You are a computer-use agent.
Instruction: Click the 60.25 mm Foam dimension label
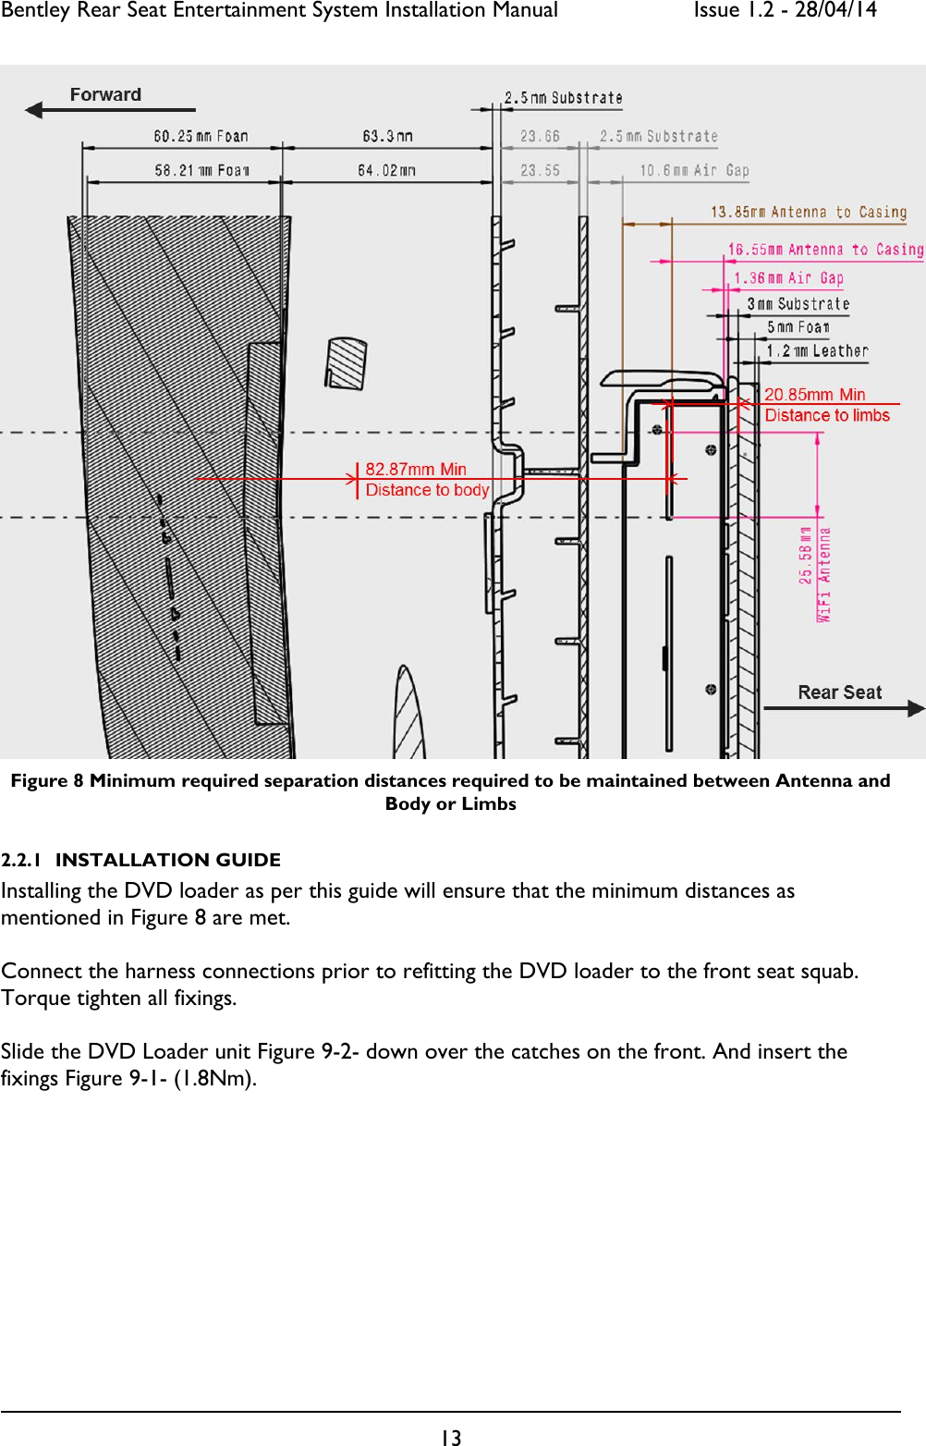coord(201,137)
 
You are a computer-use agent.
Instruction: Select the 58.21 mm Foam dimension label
coord(201,171)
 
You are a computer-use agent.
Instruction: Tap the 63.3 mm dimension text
coord(387,137)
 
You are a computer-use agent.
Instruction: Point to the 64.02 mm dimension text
coord(386,171)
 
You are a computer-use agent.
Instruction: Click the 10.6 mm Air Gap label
coord(694,171)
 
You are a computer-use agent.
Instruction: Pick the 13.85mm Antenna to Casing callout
coord(808,213)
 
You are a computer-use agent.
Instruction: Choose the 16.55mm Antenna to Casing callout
coord(824,250)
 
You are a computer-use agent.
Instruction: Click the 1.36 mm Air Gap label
coord(788,278)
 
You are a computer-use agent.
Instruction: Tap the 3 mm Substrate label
coord(798,304)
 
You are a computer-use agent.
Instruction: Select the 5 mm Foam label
coord(798,327)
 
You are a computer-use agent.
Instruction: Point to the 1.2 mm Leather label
coord(817,351)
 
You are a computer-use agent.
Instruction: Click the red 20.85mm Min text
coord(814,395)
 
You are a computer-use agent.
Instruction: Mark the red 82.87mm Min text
coord(416,470)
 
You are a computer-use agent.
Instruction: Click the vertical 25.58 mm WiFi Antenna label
coord(814,573)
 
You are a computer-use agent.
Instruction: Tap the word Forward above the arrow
coord(105,95)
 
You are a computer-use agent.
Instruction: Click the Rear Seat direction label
coord(839,692)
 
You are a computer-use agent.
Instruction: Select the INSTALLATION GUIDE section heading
coord(167,860)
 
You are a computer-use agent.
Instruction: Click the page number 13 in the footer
coord(450,1437)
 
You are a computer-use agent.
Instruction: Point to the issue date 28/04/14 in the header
coord(835,11)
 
